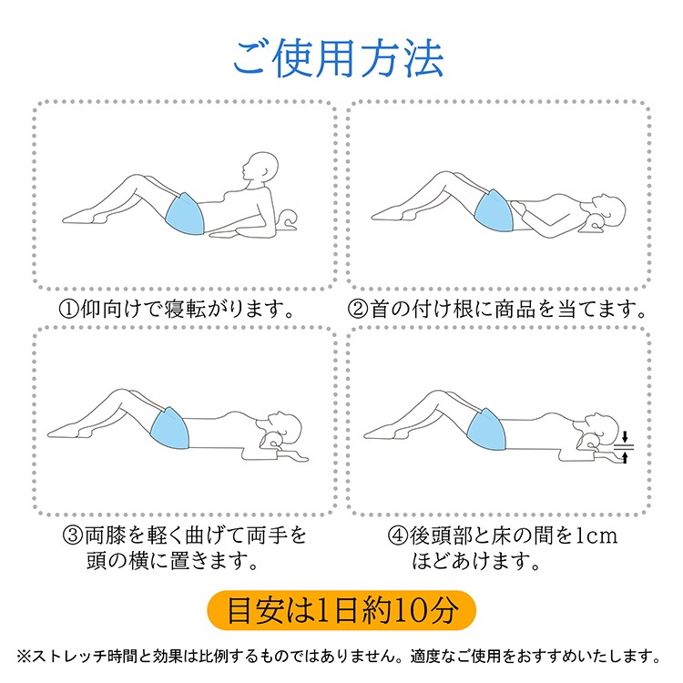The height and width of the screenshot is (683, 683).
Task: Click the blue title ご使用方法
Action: coord(339,58)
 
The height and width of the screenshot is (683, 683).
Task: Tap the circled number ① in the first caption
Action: coord(69,310)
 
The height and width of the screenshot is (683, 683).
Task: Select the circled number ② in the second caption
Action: coord(358,310)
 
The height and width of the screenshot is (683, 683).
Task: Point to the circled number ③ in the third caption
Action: coord(73,535)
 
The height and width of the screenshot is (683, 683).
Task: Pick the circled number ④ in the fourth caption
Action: coord(398,535)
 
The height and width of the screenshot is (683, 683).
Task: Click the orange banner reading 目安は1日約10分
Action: coord(341,610)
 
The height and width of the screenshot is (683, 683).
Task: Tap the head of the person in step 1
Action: coord(260,166)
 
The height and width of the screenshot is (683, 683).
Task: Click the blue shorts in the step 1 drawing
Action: coord(185,213)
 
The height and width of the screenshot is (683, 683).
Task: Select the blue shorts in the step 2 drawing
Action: coord(494,211)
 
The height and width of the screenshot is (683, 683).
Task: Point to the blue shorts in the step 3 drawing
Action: coord(170,428)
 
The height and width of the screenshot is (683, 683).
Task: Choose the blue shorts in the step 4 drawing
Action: coord(486,429)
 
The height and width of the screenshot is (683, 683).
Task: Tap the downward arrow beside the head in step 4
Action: coord(625,437)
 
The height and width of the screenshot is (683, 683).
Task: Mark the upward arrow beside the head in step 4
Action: coord(625,457)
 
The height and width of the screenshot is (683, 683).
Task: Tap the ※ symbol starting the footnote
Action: coord(24,657)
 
